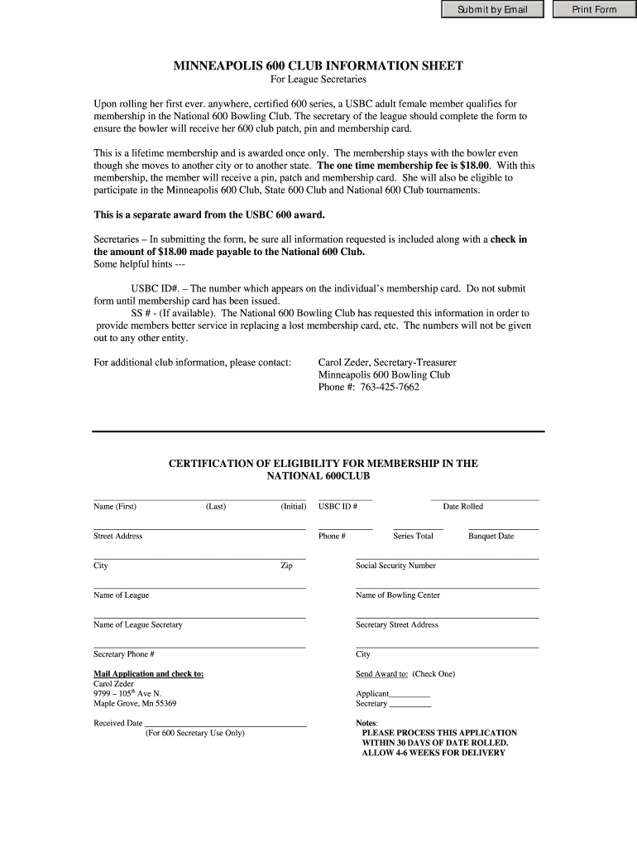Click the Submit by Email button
pyautogui.click(x=491, y=10)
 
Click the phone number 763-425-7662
pyautogui.click(x=390, y=387)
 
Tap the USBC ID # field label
pyautogui.click(x=338, y=507)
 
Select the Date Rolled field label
pyautogui.click(x=462, y=507)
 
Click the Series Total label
pyautogui.click(x=413, y=537)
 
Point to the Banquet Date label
pyautogui.click(x=491, y=537)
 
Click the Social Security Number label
pyautogui.click(x=395, y=566)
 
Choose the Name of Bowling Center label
pyautogui.click(x=397, y=595)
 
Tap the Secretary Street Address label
pyautogui.click(x=396, y=625)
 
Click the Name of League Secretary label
pyautogui.click(x=137, y=625)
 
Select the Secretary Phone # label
pyautogui.click(x=123, y=654)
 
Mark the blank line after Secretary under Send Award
pyautogui.click(x=409, y=706)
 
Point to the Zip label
pyautogui.click(x=286, y=566)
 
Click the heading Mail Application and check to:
pyautogui.click(x=148, y=674)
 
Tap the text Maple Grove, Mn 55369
pyautogui.click(x=134, y=704)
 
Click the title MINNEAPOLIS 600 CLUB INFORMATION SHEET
pyautogui.click(x=318, y=65)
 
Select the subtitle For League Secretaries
pyautogui.click(x=318, y=79)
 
